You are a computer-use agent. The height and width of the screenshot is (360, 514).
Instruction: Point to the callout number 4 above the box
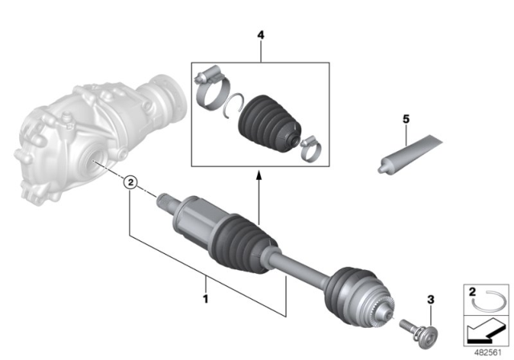coord(260,35)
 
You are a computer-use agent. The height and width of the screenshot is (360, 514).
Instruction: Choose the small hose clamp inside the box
coord(308,146)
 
